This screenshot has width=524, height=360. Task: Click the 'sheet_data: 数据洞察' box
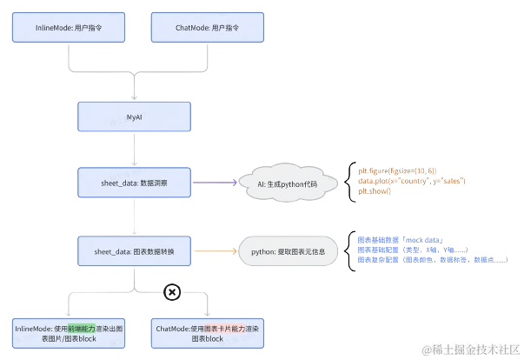click(x=134, y=183)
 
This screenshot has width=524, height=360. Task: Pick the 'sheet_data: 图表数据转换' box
click(x=134, y=251)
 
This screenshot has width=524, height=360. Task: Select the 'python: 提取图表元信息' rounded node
click(x=288, y=252)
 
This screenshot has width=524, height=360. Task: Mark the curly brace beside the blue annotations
click(x=350, y=251)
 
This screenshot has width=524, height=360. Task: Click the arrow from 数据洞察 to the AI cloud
click(x=213, y=183)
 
